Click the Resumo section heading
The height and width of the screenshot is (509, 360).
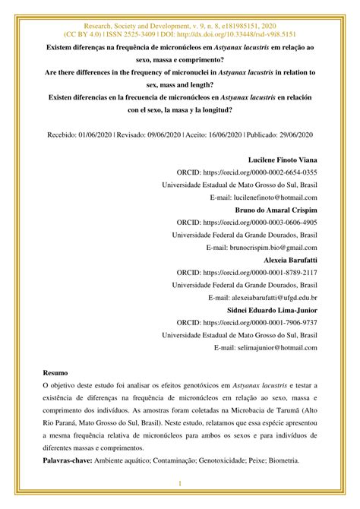55,375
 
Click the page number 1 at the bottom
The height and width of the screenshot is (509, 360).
180,484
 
